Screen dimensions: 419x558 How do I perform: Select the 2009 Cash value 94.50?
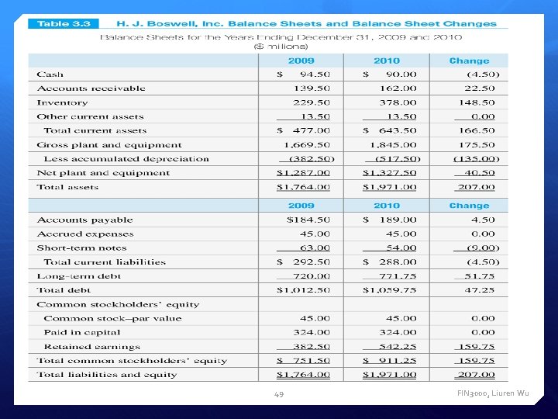(315, 74)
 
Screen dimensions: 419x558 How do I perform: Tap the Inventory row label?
(62, 102)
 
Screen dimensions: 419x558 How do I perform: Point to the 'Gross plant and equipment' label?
(109, 145)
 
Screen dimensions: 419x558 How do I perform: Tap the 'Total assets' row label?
(67, 187)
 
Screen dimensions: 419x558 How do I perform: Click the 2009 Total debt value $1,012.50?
(304, 290)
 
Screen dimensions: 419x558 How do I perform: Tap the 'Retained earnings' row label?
(91, 347)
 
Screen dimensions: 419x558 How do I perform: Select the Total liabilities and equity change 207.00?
(480, 375)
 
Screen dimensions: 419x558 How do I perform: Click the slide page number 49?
(279, 394)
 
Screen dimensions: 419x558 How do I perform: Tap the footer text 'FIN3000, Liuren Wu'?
(494, 393)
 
